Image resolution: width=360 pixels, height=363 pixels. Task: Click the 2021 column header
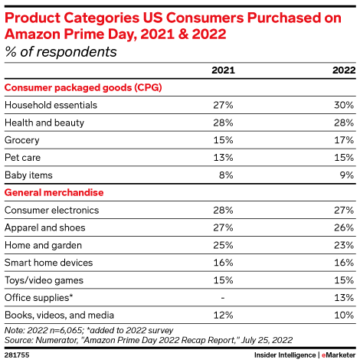223,70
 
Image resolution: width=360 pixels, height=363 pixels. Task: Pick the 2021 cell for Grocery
224,139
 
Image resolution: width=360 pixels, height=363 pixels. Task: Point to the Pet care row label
25,157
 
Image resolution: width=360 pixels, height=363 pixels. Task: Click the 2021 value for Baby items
226,175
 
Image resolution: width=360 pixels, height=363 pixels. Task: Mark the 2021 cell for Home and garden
224,245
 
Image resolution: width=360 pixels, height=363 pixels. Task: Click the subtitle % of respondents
61,52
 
